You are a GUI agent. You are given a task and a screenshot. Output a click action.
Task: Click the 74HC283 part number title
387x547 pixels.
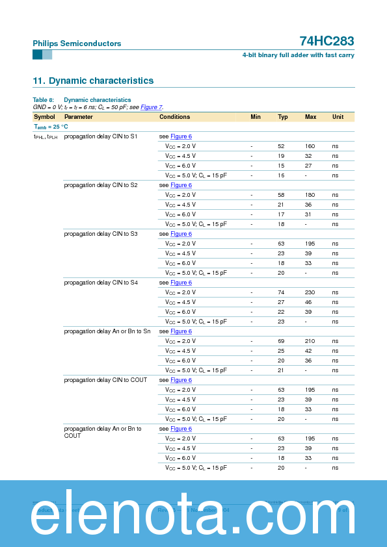[x=327, y=42]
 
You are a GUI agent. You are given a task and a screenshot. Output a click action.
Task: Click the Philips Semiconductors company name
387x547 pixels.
[x=77, y=44]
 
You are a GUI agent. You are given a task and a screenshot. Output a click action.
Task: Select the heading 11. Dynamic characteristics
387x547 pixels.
[x=93, y=81]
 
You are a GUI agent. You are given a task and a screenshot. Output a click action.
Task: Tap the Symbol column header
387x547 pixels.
[x=44, y=117]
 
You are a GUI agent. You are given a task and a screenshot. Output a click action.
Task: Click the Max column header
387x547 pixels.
[x=310, y=117]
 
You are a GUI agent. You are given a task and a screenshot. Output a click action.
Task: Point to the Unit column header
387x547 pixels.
[x=338, y=117]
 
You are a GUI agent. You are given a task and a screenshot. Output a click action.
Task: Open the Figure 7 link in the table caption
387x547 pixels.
[x=151, y=107]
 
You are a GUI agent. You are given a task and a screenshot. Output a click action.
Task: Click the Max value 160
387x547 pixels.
[x=310, y=146]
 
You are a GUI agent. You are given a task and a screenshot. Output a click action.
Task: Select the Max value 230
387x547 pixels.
[x=310, y=292]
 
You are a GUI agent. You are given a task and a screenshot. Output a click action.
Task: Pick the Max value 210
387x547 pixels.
[x=310, y=341]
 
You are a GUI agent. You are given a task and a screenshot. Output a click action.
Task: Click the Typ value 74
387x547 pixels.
[x=281, y=292]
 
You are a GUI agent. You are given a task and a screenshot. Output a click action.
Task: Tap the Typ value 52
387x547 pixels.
[x=281, y=146]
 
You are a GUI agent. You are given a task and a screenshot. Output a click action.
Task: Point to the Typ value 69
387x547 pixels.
[x=281, y=341]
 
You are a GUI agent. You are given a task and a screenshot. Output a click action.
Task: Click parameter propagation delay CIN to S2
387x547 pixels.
[x=101, y=185]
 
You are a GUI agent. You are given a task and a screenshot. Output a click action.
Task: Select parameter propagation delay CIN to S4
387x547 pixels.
[x=101, y=283]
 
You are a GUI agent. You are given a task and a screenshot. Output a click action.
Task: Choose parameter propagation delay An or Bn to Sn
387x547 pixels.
[x=107, y=331]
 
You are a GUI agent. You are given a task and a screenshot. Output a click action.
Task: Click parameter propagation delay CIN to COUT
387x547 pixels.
[x=105, y=380]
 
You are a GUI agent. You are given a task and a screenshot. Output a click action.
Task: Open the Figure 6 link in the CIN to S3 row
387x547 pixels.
[x=181, y=234]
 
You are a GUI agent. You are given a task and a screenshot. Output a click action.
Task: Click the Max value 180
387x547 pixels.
[x=310, y=195]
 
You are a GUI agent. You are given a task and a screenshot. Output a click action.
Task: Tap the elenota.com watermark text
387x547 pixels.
[x=193, y=513]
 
